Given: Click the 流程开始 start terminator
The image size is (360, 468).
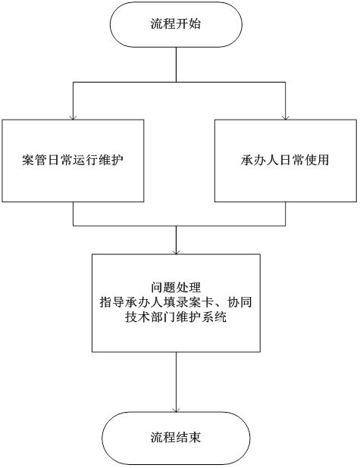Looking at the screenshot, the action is (176, 24).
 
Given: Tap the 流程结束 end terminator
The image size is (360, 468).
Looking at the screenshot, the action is (176, 438).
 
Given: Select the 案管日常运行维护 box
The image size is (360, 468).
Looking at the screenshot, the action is (73, 161).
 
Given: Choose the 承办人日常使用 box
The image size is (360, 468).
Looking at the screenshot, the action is (286, 161).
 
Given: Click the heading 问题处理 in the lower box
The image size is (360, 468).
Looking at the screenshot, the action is (176, 288).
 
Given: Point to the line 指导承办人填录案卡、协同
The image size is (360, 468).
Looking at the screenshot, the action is (176, 302).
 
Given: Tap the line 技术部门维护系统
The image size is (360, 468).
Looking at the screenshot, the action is (176, 317).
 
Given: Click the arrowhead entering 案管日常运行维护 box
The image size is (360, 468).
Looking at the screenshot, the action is (73, 117).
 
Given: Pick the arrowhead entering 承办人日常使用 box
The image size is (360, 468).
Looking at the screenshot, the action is (286, 117).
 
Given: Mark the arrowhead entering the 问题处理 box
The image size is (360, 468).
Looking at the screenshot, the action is (177, 252).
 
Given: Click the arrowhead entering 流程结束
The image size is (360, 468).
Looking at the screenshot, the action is (177, 410).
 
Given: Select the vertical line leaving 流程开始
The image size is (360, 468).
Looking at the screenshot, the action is (177, 64).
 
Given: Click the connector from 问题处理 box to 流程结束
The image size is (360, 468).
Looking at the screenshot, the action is (177, 382).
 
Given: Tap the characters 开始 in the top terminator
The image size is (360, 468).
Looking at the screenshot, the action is (189, 24).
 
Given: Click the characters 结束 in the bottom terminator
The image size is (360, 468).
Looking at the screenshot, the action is (189, 438).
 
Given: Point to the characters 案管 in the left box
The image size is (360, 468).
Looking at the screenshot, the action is (35, 161).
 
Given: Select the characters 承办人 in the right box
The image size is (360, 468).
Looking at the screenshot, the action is (260, 161).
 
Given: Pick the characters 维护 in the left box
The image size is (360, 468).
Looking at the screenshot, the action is (111, 161).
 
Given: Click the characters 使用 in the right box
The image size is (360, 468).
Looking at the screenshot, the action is (317, 161).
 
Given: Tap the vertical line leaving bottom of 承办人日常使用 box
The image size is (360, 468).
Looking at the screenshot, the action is (286, 214).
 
